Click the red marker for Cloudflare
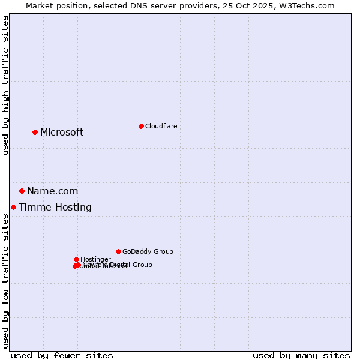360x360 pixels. pyautogui.click(x=141, y=126)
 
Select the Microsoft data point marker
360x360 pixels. pyautogui.click(x=35, y=132)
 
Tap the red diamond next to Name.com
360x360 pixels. pyautogui.click(x=22, y=191)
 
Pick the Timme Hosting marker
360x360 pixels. pyautogui.click(x=13, y=207)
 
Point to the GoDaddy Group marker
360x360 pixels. pyautogui.click(x=118, y=251)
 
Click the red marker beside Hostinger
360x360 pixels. pyautogui.click(x=76, y=259)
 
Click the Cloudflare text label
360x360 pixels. pyautogui.click(x=161, y=126)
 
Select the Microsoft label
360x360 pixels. pyautogui.click(x=62, y=132)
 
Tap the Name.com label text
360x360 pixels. pyautogui.click(x=52, y=191)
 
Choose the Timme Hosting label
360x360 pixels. pyautogui.click(x=55, y=207)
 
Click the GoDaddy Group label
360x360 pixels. pyautogui.click(x=148, y=251)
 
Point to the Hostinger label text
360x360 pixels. pyautogui.click(x=95, y=259)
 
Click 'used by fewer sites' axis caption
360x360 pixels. pyautogui.click(x=62, y=355)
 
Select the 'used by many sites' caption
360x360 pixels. pyautogui.click(x=301, y=355)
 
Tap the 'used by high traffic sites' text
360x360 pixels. pyautogui.click(x=6, y=86)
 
